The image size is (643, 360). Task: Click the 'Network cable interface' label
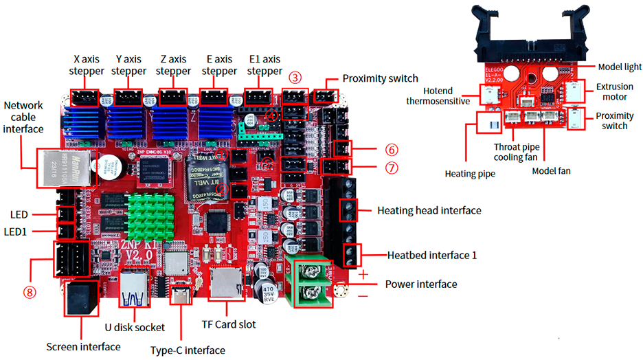(x=23, y=117)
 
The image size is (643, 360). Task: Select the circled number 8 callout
(x=29, y=291)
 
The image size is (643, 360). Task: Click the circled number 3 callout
(x=295, y=78)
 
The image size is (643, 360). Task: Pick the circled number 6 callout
(x=391, y=149)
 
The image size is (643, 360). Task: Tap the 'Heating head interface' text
(x=429, y=210)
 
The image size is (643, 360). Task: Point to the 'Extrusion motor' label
(x=614, y=92)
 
